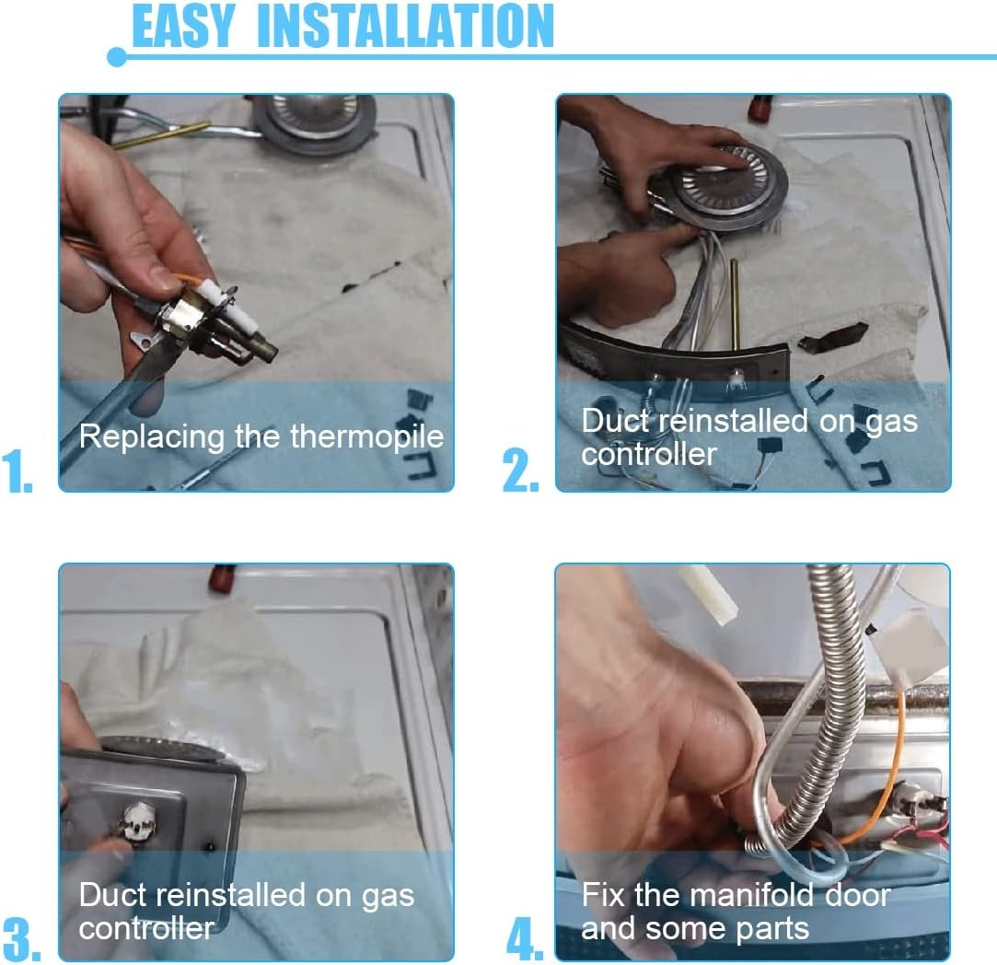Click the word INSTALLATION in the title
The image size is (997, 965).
pyautogui.click(x=405, y=26)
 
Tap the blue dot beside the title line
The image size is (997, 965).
pyautogui.click(x=117, y=57)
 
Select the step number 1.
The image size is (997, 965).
pyautogui.click(x=17, y=471)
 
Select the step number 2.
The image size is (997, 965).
pyautogui.click(x=520, y=471)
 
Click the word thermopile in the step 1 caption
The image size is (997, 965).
pyautogui.click(x=367, y=437)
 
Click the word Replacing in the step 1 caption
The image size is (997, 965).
pyautogui.click(x=152, y=437)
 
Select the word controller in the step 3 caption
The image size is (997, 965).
pyautogui.click(x=146, y=929)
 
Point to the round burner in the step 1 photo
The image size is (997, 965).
pyautogui.click(x=313, y=121)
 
